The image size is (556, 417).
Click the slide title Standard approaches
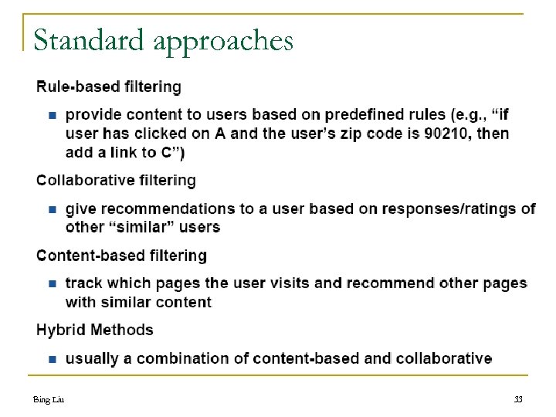[163, 40]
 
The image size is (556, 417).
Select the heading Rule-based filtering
[109, 86]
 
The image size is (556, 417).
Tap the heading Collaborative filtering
[117, 180]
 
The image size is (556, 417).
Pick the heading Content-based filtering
[122, 255]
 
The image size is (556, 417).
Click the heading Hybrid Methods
[95, 330]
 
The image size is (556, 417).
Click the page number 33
[518, 399]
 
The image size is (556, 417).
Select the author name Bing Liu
[48, 399]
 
